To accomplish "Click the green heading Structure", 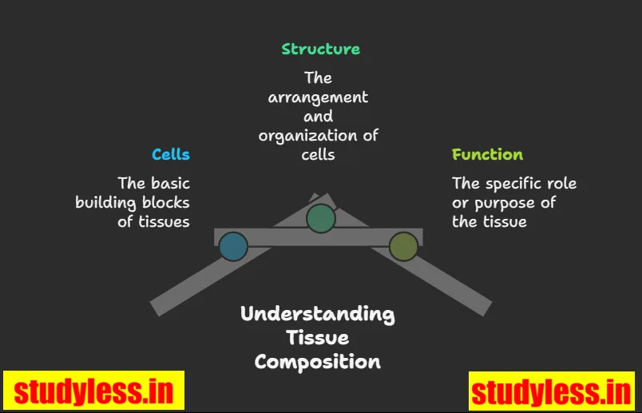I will pos(320,49).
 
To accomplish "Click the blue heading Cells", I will pos(171,154).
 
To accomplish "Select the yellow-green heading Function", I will pos(487,154).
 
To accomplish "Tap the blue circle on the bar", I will pos(233,247).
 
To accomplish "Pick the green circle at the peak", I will pos(321,218).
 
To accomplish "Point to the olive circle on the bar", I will pos(403,247).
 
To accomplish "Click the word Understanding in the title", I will pos(318,313).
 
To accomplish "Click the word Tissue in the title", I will pos(318,338).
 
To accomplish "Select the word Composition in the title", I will pos(318,362).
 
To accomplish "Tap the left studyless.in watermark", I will pos(93,391).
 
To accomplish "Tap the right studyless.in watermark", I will pos(551,392).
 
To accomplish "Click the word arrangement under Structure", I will pos(318,97).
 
